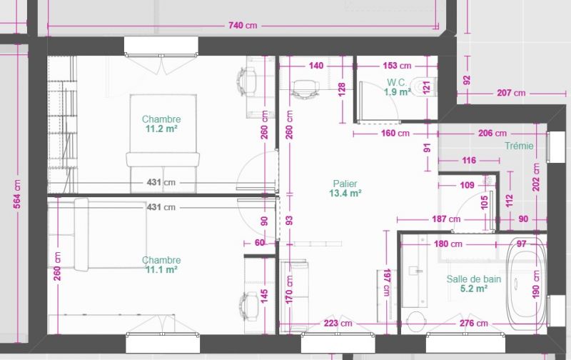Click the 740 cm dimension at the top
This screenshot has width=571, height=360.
coord(243,26)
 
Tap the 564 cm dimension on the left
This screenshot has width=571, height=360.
coord(17,194)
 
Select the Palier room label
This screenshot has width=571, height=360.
coord(345,184)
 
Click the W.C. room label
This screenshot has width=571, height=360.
coord(397,82)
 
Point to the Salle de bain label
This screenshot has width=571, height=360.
coord(474,279)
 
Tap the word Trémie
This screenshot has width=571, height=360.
coord(519,146)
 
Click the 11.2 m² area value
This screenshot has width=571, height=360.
coord(161,129)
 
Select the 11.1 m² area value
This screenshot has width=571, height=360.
coord(161,269)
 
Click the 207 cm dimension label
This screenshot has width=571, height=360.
coord(511,94)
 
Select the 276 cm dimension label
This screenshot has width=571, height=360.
coord(473,323)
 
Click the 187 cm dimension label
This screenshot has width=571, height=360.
coord(446,219)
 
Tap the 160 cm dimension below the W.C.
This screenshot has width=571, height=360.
coord(395,134)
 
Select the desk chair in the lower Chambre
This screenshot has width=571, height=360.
coord(248,306)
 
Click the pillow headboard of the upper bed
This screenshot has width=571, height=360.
coord(163,159)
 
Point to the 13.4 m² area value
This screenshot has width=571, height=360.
coord(345,193)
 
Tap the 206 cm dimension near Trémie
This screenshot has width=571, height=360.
coord(492,134)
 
